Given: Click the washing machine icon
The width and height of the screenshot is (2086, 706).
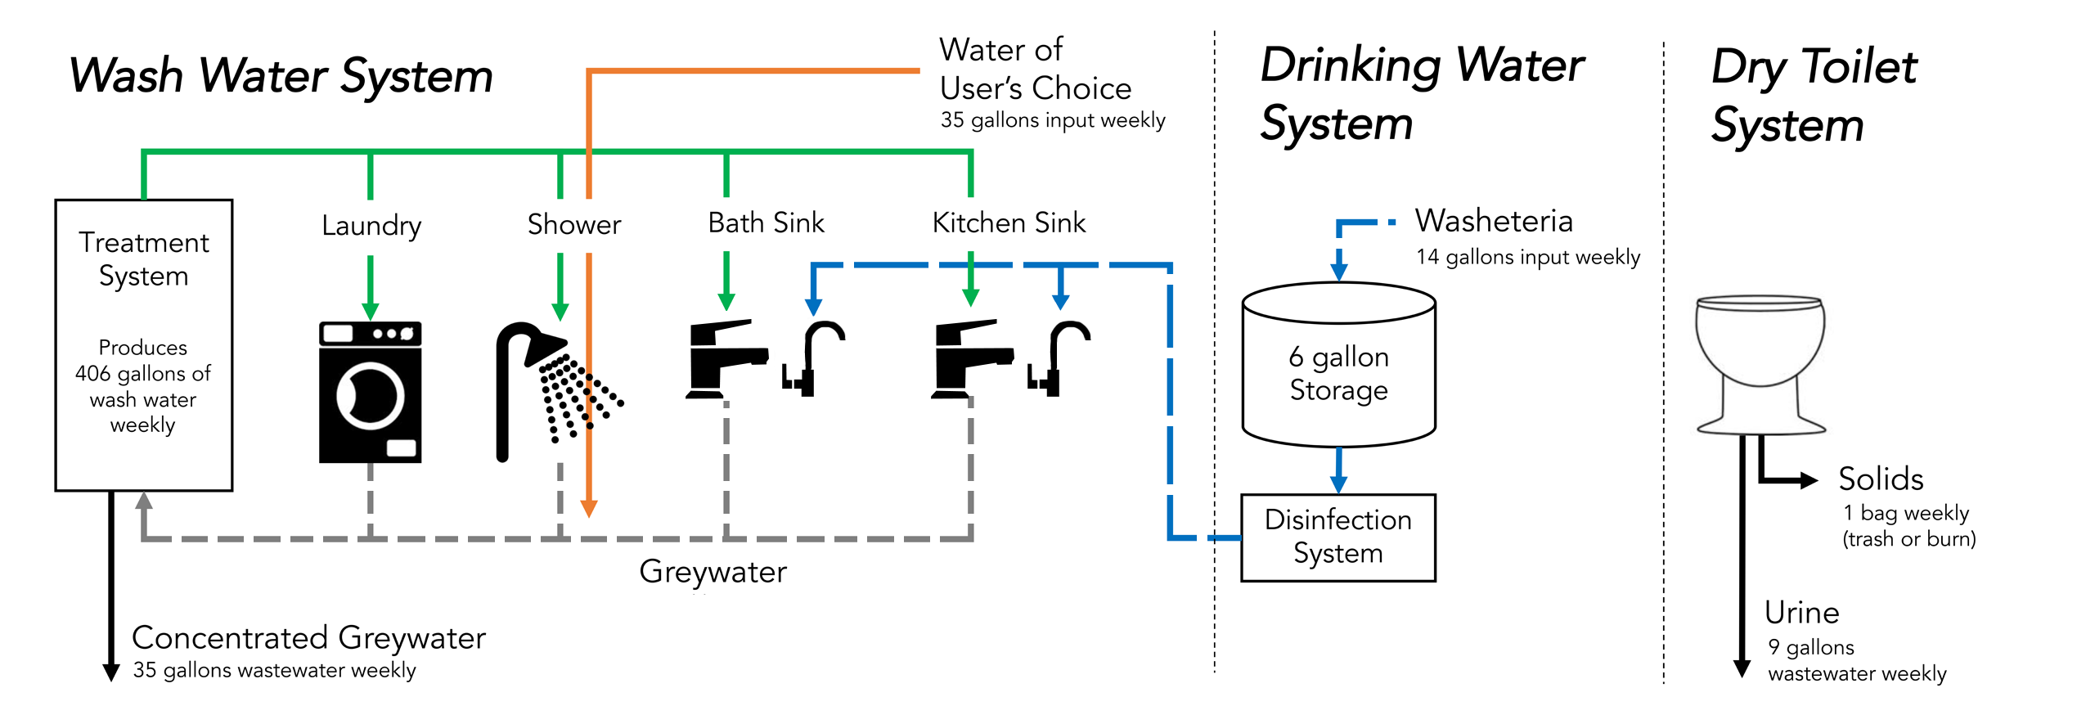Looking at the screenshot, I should [370, 393].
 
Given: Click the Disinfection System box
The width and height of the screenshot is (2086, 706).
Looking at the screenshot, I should [1337, 537].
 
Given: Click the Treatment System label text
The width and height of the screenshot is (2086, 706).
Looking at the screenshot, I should [144, 259].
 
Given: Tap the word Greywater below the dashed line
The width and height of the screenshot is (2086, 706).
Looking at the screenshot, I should [713, 572].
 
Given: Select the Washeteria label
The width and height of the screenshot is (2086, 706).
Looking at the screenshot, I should [1494, 221].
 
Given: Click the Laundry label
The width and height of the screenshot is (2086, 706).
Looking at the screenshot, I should [371, 225].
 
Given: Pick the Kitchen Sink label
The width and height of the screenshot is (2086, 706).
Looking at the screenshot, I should [1009, 223].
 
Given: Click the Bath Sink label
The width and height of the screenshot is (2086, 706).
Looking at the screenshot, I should [766, 223].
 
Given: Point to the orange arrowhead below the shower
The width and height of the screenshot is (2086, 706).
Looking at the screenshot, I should [588, 508].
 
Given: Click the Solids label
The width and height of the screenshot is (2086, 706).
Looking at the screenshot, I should [1881, 479].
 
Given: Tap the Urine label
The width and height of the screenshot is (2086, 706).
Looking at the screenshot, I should [1801, 612].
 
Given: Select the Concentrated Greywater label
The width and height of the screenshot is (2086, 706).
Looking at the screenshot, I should [308, 637].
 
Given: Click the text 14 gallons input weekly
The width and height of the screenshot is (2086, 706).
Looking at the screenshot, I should [1528, 257].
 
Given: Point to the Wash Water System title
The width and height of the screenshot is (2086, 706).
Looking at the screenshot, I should [281, 75].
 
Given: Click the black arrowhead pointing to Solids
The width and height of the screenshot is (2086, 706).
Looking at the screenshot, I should [1808, 480].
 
